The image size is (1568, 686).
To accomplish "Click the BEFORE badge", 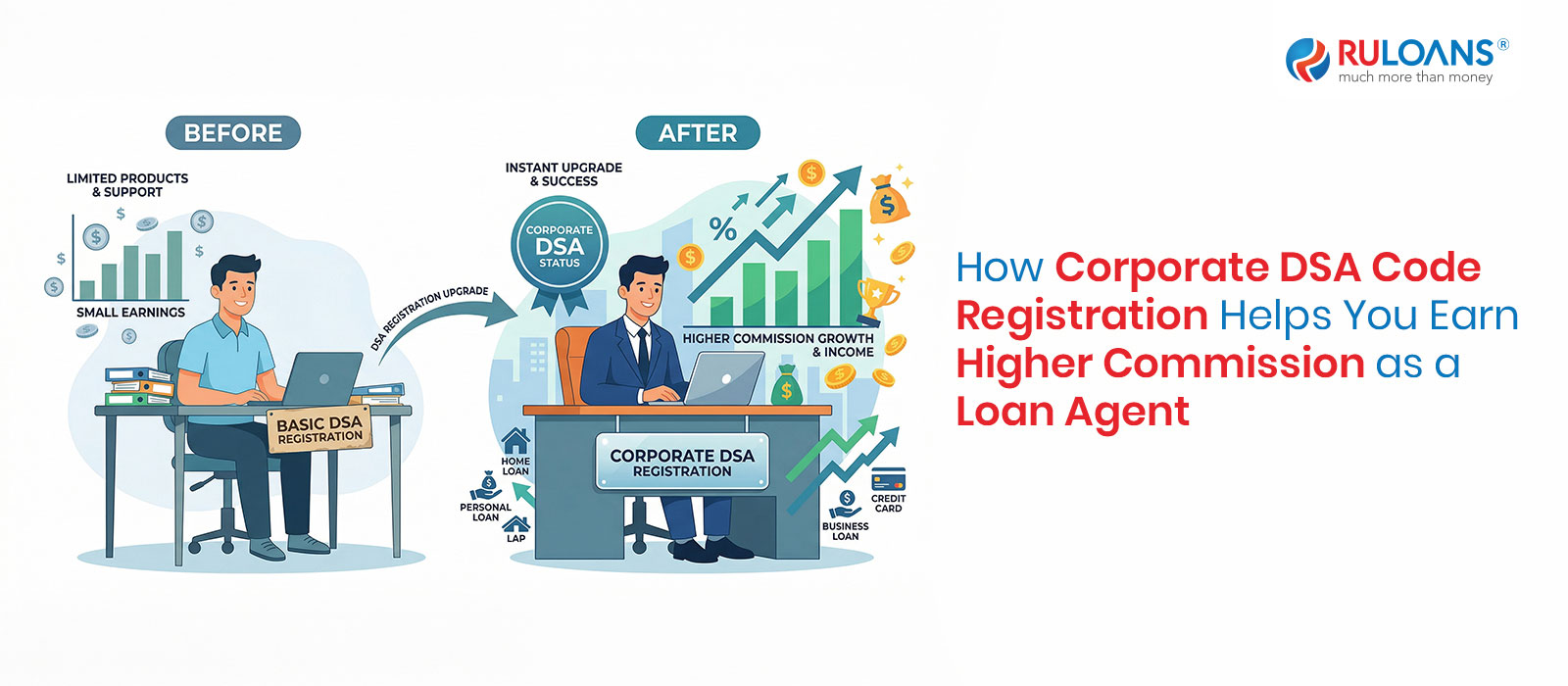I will [233, 133].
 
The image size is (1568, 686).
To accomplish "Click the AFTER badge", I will [698, 133].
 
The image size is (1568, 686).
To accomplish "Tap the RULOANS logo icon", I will [1307, 60].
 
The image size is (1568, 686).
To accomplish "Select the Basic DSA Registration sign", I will [319, 430].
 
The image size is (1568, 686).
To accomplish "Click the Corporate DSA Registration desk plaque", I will [682, 463].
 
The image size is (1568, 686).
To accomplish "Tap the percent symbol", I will [723, 230].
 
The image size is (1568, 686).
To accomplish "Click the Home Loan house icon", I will [515, 441].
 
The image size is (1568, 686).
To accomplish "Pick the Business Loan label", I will [845, 531].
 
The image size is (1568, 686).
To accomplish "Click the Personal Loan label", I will [485, 513].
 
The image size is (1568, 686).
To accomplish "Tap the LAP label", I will [515, 538].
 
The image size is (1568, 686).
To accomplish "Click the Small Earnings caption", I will [130, 313].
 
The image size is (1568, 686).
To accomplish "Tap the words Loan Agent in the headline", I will [1072, 412].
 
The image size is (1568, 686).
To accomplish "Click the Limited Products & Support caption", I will [127, 185].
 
